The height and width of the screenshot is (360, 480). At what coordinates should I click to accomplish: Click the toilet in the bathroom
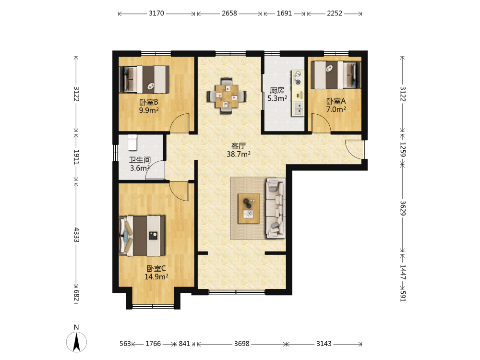click(132, 143)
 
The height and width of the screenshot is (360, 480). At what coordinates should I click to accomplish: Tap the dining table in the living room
click(227, 96)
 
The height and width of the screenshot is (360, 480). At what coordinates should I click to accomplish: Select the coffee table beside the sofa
click(249, 208)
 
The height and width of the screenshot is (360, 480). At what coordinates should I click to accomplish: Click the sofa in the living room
click(276, 208)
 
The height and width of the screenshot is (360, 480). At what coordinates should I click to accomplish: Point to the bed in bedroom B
click(144, 79)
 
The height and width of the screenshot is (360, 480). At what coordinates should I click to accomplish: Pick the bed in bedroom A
click(336, 75)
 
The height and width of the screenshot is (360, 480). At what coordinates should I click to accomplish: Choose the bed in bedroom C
click(142, 236)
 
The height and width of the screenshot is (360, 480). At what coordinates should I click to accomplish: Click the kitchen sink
click(298, 108)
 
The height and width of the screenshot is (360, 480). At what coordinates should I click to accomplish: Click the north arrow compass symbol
click(76, 341)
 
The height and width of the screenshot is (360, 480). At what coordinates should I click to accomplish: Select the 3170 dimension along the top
click(156, 13)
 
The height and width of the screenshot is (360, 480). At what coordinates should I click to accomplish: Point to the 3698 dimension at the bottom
click(242, 344)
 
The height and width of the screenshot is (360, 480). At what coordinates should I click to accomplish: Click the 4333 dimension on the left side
click(76, 235)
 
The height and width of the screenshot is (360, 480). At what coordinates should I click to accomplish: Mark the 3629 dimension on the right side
click(403, 208)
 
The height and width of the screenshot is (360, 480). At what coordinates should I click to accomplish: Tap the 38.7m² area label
click(239, 154)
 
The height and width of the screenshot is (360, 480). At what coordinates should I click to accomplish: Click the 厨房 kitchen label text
click(277, 90)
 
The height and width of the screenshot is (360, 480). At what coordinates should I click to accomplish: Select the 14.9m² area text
click(156, 277)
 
